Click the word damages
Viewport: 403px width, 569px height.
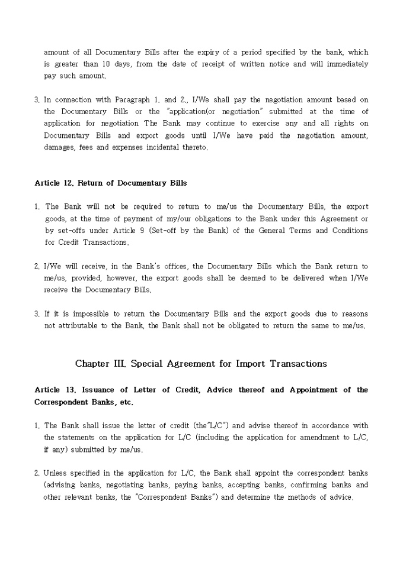pyautogui.click(x=59, y=147)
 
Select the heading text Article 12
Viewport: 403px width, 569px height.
pyautogui.click(x=55, y=183)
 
